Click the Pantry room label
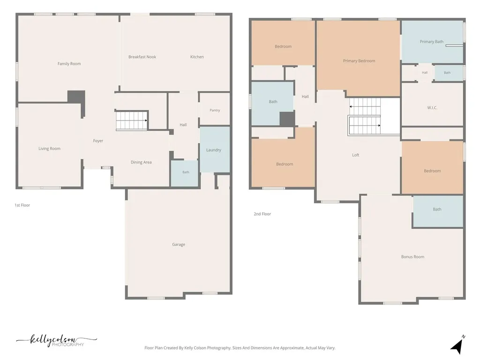(215, 110)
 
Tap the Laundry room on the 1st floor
(215, 150)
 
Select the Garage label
(179, 244)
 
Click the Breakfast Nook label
(142, 57)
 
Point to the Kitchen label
(197, 57)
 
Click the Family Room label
(69, 64)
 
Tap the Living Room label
(49, 149)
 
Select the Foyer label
(98, 141)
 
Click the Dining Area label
(141, 162)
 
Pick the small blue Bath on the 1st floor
(185, 173)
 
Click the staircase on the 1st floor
(132, 120)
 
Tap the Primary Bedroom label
(359, 61)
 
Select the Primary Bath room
(432, 42)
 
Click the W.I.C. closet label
(432, 108)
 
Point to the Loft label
(355, 155)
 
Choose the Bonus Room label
(412, 257)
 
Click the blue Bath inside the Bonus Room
(438, 211)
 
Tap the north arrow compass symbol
(457, 345)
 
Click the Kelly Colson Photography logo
(57, 340)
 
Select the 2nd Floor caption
(262, 214)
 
